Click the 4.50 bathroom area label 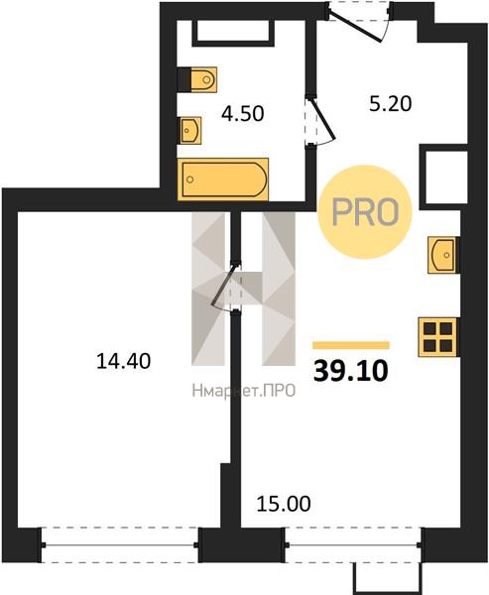pos(243,113)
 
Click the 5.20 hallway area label pos(390,103)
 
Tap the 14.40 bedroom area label pos(124,361)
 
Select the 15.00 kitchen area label pos(284,504)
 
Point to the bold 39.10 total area pos(351,371)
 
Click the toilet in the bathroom pos(197,79)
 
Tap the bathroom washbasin pos(190,130)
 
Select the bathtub pos(223,179)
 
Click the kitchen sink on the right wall pos(443,255)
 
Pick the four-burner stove pos(438,337)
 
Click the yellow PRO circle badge pos(364,212)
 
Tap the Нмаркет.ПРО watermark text pos(244,391)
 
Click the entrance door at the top pos(358,21)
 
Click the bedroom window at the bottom pos(120,545)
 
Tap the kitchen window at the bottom pos(353,545)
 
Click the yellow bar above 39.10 pos(351,345)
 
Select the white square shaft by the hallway pos(446,178)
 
